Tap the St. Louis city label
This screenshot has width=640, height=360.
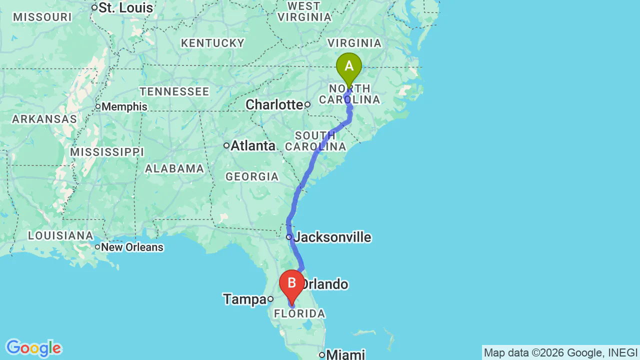click(x=125, y=8)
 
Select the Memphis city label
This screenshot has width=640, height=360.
click(x=124, y=106)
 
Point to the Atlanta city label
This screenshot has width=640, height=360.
click(x=252, y=145)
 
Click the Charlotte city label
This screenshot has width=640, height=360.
click(x=274, y=104)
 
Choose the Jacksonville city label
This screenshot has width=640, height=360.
click(x=332, y=237)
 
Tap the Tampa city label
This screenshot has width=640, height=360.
click(x=244, y=299)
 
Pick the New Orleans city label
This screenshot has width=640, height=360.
click(x=132, y=247)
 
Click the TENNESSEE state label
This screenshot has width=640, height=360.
click(x=174, y=91)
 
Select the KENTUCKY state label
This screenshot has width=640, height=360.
click(x=212, y=43)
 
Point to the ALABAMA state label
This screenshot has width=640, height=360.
click(x=174, y=168)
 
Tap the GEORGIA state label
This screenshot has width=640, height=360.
click(x=252, y=176)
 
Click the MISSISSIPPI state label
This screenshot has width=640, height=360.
click(x=107, y=152)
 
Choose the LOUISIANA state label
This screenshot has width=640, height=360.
click(x=60, y=235)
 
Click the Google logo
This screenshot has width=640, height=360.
click(x=33, y=348)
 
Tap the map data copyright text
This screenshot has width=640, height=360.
click(x=560, y=352)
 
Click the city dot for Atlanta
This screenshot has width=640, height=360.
click(x=226, y=145)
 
